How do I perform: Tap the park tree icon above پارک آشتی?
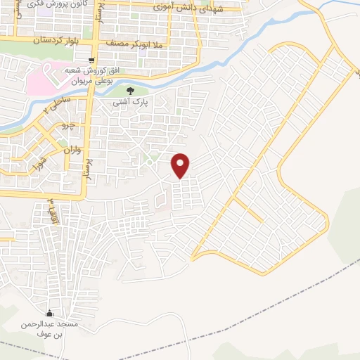[129, 90]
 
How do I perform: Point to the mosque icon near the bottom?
[49, 313]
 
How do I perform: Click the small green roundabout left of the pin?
[149, 161]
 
